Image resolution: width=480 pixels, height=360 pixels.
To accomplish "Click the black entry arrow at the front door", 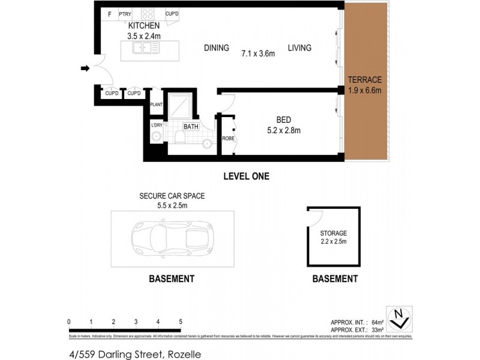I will point(85,69).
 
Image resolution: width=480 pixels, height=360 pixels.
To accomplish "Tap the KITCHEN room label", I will point(144,26).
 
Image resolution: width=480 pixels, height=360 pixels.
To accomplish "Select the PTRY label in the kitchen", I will point(125,13).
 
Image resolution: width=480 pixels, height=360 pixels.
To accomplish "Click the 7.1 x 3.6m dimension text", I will point(258,53).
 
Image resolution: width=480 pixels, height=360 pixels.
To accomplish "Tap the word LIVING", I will point(299,48).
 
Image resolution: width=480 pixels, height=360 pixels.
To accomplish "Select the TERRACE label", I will point(364,79).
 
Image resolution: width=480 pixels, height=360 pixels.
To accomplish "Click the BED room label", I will point(284,119).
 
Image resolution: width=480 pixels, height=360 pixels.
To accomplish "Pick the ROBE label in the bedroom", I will point(228,139).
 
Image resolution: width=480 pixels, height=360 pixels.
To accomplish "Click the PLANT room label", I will point(157,104).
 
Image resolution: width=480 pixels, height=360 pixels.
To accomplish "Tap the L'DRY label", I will point(157,125).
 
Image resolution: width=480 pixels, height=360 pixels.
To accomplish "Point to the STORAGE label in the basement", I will point(333,233).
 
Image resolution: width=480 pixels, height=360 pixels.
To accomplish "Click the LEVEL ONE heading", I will point(246,176).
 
